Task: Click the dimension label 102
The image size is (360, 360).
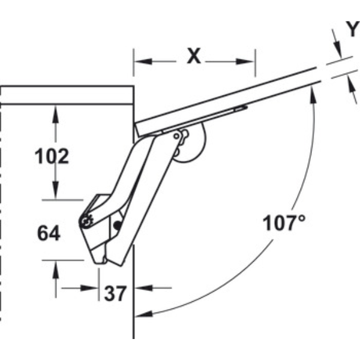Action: pos(52,156)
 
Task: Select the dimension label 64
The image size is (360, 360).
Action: pos(49,233)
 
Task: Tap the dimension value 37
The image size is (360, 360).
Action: pos(115,293)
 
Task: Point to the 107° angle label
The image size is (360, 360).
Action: pos(284,223)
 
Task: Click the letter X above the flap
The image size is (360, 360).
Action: pos(194,56)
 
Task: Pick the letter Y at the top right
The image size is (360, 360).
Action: pos(353,29)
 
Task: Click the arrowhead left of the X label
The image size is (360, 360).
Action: pos(143,62)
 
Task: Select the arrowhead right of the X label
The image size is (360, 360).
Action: pos(245,62)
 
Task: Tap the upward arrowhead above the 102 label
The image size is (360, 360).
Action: pos(55,114)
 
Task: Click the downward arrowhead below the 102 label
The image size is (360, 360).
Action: pos(55,190)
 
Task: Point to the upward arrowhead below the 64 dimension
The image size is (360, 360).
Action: pos(56,270)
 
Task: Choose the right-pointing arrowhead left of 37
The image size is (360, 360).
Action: pos(89,288)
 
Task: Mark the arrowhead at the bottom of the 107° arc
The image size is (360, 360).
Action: pos(144,314)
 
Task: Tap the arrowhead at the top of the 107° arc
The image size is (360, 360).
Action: pos(313,95)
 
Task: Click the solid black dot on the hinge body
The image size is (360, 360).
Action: pos(118,225)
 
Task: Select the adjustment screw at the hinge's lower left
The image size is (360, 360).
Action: pos(86,221)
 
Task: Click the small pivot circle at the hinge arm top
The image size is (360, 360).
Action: pos(176,136)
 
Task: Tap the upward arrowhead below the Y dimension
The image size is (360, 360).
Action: pos(352,86)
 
